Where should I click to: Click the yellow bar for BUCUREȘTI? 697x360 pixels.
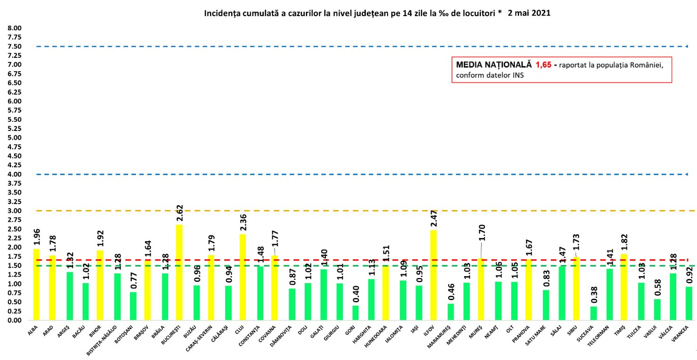point(179,272)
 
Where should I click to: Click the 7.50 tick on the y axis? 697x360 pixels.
point(15,46)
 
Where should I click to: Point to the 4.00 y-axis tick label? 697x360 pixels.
point(15,174)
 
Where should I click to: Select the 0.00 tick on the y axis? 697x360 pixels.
point(15,320)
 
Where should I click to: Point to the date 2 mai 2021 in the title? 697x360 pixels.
point(529,14)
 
